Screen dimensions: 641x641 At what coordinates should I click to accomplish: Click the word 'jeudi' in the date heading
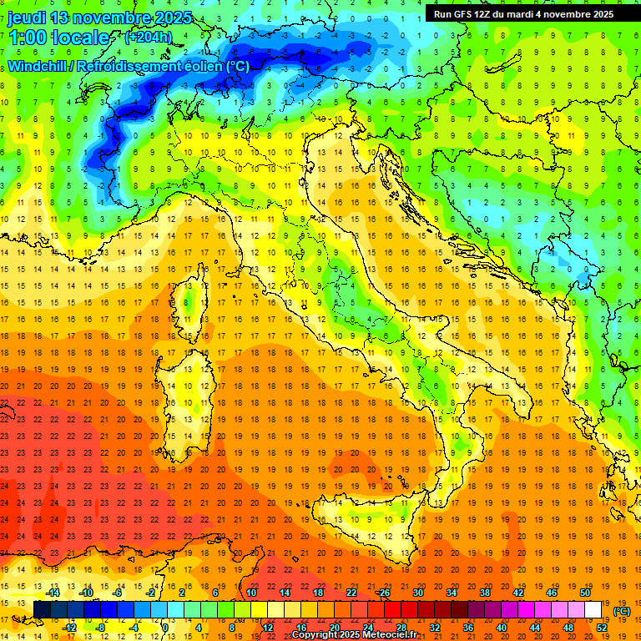(x=27, y=18)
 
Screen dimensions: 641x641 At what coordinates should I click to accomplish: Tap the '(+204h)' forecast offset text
(x=148, y=37)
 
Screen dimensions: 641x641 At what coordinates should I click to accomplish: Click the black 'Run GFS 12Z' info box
(x=523, y=14)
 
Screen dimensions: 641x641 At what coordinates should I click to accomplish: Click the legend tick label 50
(x=585, y=593)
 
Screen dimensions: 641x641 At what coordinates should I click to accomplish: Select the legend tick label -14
(x=53, y=593)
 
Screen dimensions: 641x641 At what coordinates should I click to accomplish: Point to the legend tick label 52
(x=602, y=628)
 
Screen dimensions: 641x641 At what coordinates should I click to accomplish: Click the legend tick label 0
(x=165, y=628)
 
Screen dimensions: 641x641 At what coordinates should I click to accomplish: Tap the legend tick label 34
(x=452, y=593)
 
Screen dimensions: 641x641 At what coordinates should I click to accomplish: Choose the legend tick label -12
(x=70, y=628)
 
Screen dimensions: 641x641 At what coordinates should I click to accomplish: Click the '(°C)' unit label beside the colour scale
(x=622, y=610)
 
